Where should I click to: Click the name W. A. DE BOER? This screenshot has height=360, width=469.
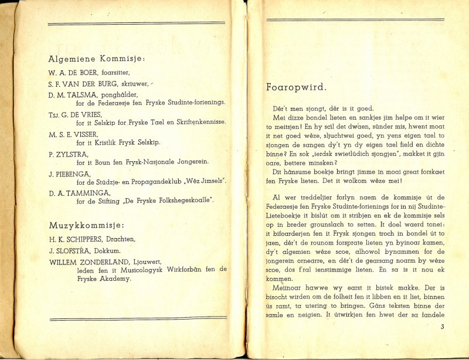pyautogui.click(x=73, y=72)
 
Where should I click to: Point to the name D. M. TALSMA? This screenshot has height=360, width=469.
pyautogui.click(x=73, y=94)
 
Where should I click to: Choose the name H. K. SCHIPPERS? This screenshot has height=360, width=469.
pyautogui.click(x=79, y=239)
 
